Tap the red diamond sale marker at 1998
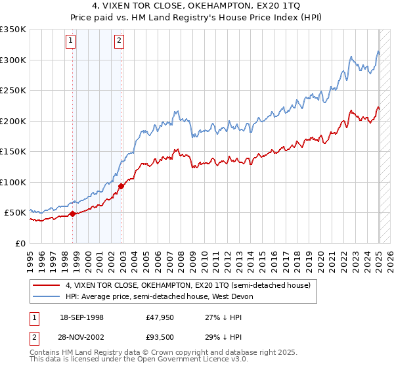[72, 214]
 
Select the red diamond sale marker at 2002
[121, 186]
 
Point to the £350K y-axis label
[13, 30]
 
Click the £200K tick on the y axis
[13, 121]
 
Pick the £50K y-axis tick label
[16, 213]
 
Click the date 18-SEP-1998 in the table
[81, 317]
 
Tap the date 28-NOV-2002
[81, 336]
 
